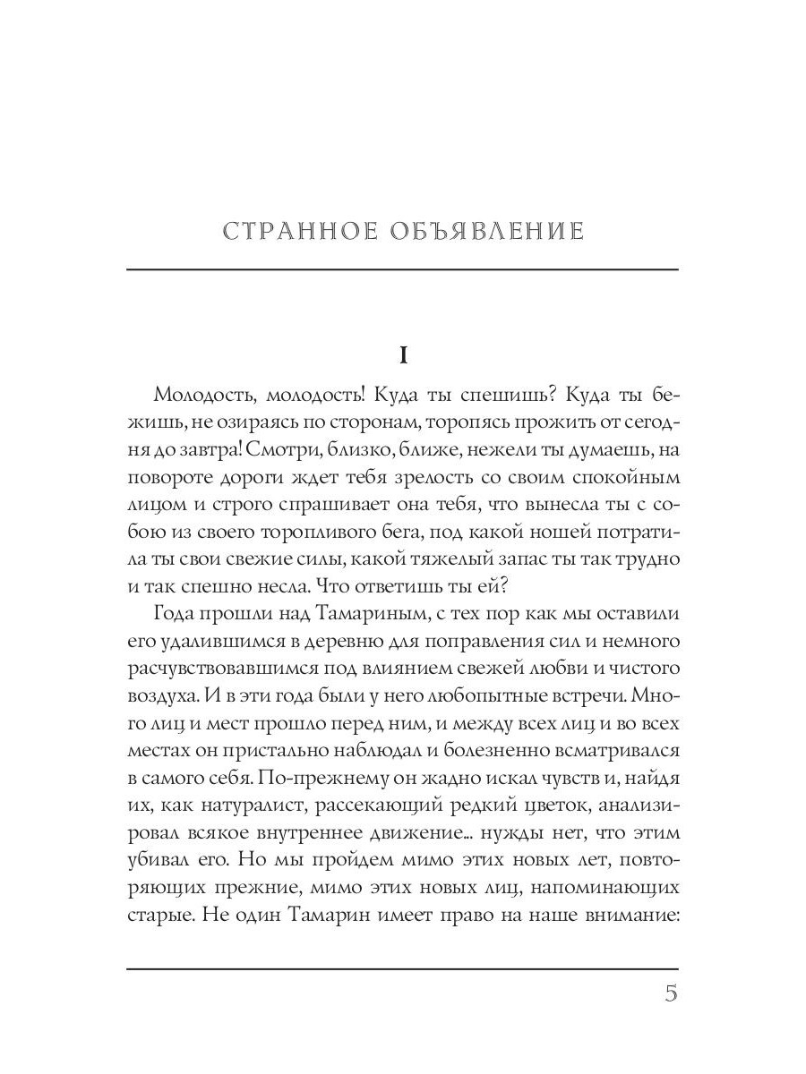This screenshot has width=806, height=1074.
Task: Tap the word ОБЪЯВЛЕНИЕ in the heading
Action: tap(487, 232)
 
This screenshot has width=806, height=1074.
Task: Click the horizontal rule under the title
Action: tap(403, 269)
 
